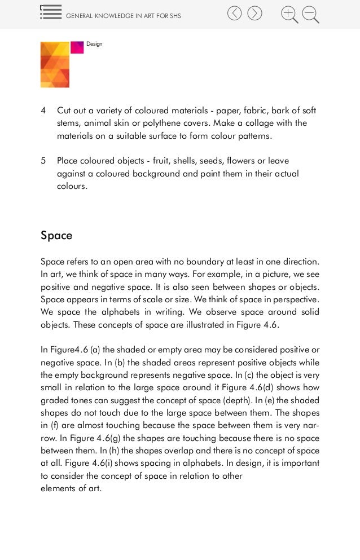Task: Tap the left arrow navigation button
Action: coord(234,13)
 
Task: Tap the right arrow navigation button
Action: coord(254,13)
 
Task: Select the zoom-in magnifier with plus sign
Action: coord(289,14)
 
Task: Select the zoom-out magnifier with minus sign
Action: coord(310,14)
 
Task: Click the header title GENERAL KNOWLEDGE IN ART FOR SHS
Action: coord(124,16)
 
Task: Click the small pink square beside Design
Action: coord(77,48)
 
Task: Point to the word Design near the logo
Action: coord(94,44)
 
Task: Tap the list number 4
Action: coord(43,109)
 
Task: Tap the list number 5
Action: coord(43,161)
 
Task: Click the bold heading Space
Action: coord(56,235)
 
